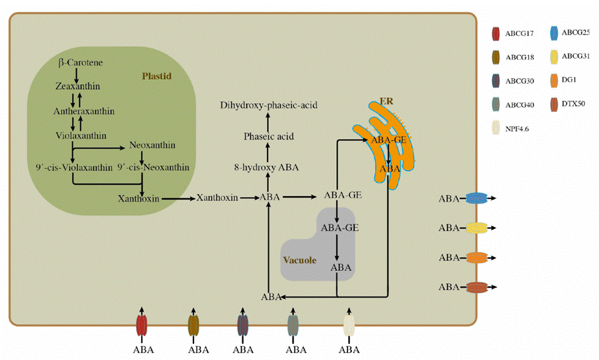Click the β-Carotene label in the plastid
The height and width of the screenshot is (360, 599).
coord(81,62)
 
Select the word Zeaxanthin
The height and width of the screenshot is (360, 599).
coord(77,87)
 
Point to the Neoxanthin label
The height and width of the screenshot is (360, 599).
coord(152,146)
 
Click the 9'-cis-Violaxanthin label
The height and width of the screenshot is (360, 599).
coord(74,167)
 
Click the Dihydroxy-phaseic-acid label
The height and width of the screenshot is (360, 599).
coord(269,106)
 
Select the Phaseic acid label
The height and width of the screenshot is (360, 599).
coord(269,136)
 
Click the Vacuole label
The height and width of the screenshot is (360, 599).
coord(300,260)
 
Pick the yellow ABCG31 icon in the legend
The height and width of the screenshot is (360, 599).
coord(551,57)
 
